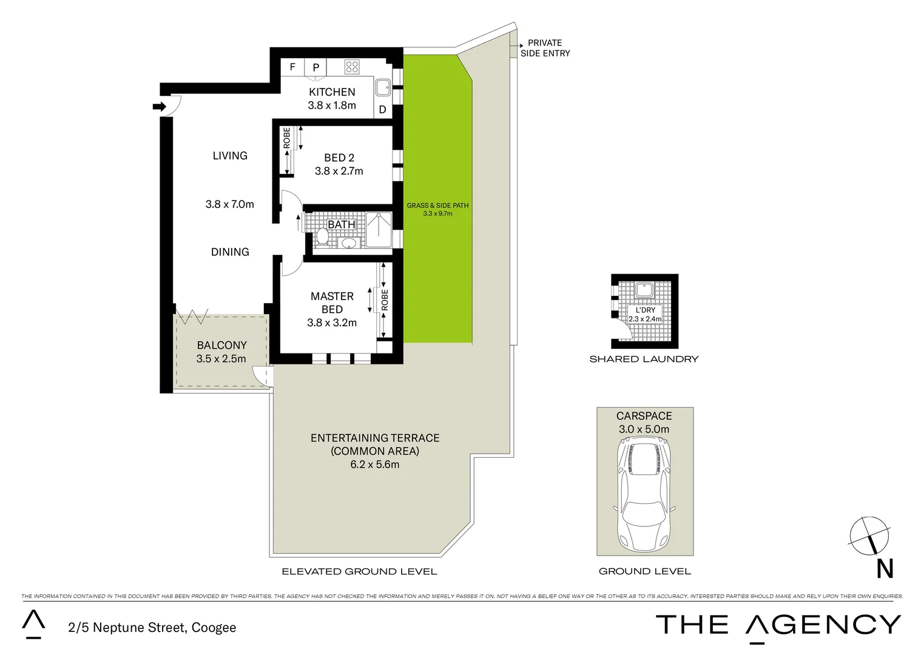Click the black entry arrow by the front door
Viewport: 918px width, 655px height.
pyautogui.click(x=159, y=107)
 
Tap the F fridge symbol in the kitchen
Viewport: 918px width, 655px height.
pyautogui.click(x=292, y=67)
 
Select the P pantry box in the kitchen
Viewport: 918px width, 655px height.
pyautogui.click(x=316, y=67)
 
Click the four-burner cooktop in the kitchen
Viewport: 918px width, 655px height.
pyautogui.click(x=352, y=67)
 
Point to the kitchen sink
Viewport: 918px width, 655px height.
pyautogui.click(x=383, y=89)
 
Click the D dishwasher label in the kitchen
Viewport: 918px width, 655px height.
pyautogui.click(x=382, y=110)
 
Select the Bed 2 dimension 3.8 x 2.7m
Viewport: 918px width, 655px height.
pyautogui.click(x=339, y=171)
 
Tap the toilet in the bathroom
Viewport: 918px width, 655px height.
pyautogui.click(x=322, y=238)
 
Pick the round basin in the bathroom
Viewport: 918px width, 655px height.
pyautogui.click(x=349, y=243)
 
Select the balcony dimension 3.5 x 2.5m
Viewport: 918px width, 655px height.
pyautogui.click(x=221, y=358)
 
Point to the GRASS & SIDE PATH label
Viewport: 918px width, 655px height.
pyautogui.click(x=437, y=206)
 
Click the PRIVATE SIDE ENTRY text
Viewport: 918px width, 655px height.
pyautogui.click(x=545, y=48)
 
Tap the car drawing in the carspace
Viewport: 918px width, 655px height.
pyautogui.click(x=644, y=494)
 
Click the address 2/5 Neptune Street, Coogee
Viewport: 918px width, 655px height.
pyautogui.click(x=152, y=628)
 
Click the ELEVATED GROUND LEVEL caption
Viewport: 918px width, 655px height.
pyautogui.click(x=359, y=571)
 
